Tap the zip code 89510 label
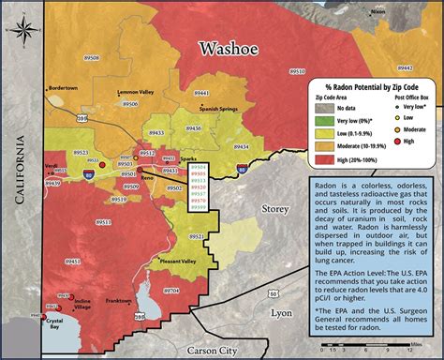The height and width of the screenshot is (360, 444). click(x=298, y=71)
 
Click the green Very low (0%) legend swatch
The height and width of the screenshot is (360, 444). click(x=327, y=121)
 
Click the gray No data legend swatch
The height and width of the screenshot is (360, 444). click(x=327, y=109)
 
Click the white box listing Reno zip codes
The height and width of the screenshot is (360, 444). click(x=199, y=187)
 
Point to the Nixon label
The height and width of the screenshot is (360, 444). click(x=377, y=11)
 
